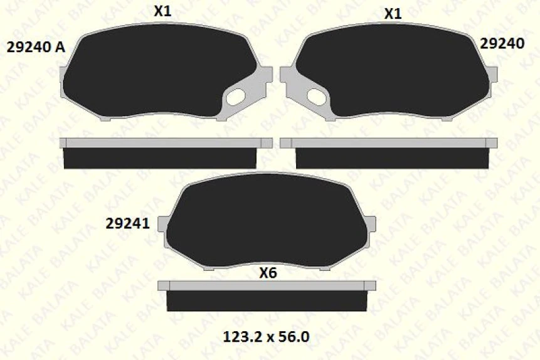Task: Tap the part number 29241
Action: (x=127, y=223)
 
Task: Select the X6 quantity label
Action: (x=268, y=273)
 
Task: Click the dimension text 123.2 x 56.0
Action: (x=266, y=336)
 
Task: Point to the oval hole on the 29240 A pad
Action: (x=236, y=96)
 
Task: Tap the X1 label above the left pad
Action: (x=163, y=11)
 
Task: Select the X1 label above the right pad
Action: (x=393, y=14)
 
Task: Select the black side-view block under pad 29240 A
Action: (x=161, y=158)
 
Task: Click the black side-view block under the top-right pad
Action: (x=392, y=158)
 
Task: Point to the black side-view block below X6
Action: (x=266, y=301)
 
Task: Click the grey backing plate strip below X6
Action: (x=266, y=285)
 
